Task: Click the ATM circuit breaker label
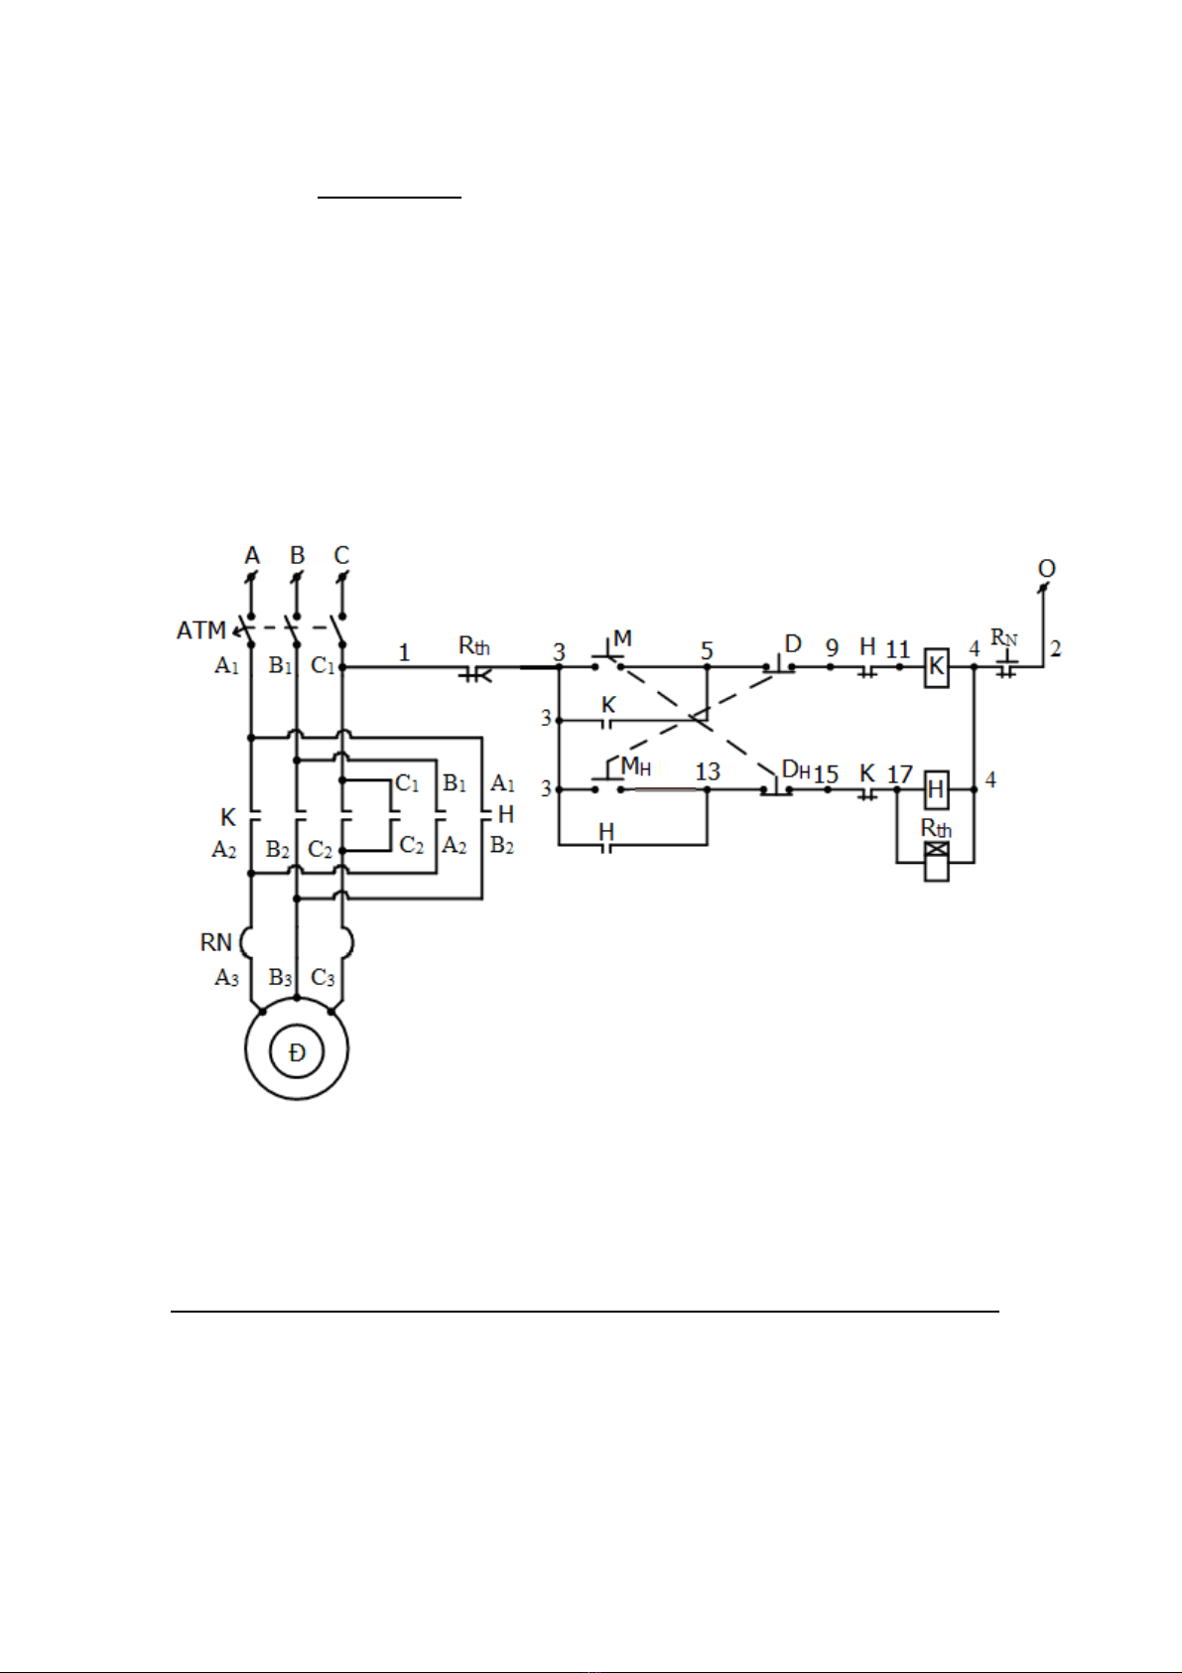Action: coord(200,630)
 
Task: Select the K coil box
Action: coord(936,667)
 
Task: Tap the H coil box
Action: coord(936,789)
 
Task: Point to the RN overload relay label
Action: coord(215,942)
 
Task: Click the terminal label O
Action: coord(1047,569)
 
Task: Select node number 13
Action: coord(707,771)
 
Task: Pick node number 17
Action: coord(900,774)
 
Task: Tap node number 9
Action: coord(832,648)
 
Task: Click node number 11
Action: coord(897,649)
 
